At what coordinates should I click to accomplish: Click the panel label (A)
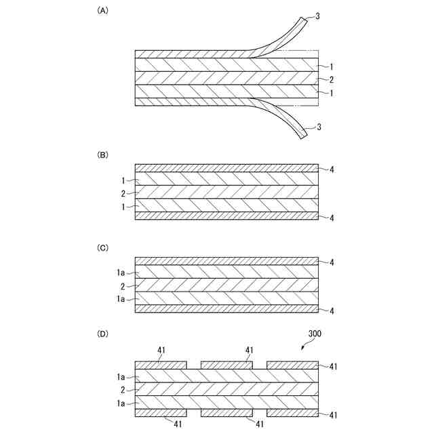coord(103,10)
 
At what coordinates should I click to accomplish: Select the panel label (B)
coord(103,155)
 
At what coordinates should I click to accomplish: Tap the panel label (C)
coord(103,248)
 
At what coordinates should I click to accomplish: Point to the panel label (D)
coord(103,334)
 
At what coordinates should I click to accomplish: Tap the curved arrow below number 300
coord(306,347)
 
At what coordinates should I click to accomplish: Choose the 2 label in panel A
coord(332,79)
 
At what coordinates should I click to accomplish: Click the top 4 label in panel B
coord(332,169)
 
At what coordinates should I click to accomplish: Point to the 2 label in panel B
coord(123,193)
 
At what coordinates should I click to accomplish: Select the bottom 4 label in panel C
coord(332,311)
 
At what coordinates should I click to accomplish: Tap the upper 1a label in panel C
coord(121,273)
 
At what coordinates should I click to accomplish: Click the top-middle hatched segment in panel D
coord(226,365)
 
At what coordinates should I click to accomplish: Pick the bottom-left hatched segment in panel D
coord(161,412)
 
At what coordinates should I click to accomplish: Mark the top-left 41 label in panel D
coord(161,351)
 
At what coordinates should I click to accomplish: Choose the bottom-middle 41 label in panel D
coord(260,424)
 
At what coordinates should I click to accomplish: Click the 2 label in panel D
coord(123,390)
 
